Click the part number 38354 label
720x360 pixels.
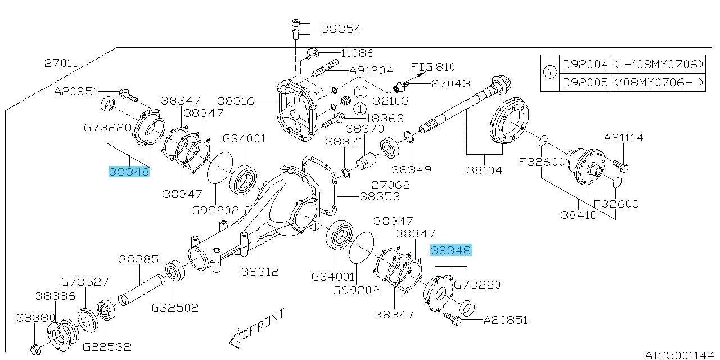pyautogui.click(x=341, y=29)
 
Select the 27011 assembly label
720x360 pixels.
pyautogui.click(x=61, y=63)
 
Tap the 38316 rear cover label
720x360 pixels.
pyautogui.click(x=236, y=101)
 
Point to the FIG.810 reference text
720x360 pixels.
pyautogui.click(x=433, y=67)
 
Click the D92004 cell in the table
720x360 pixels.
pyautogui.click(x=585, y=64)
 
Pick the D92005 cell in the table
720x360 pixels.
pyautogui.click(x=585, y=83)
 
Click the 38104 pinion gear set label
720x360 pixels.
pyautogui.click(x=484, y=170)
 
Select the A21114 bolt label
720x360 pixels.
pyautogui.click(x=624, y=138)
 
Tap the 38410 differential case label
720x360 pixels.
pyautogui.click(x=579, y=215)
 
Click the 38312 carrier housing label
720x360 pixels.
pyautogui.click(x=260, y=272)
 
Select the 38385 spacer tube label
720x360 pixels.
pyautogui.click(x=139, y=259)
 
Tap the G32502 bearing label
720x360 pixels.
pyautogui.click(x=175, y=308)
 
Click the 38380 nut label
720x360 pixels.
pyautogui.click(x=35, y=318)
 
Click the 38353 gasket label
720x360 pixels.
pyautogui.click(x=380, y=196)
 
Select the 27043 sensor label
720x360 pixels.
pyautogui.click(x=451, y=84)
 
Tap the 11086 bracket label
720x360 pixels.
pyautogui.click(x=357, y=53)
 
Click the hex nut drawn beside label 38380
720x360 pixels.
pyautogui.click(x=35, y=349)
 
